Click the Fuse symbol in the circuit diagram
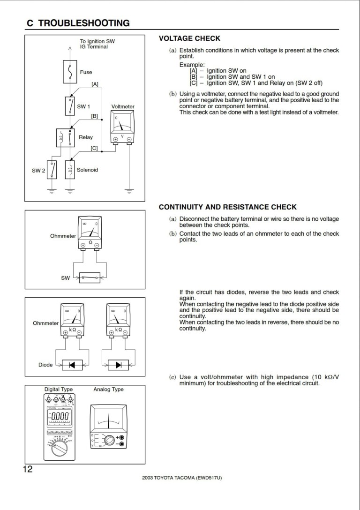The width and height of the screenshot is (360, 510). (x=70, y=72)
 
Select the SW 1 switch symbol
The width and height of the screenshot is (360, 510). (x=70, y=106)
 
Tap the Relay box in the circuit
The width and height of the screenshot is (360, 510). (x=66, y=137)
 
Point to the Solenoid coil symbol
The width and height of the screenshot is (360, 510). (x=70, y=170)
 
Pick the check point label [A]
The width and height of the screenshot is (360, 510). (x=95, y=84)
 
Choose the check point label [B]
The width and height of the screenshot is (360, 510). (x=94, y=116)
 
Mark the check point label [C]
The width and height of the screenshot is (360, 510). (x=94, y=148)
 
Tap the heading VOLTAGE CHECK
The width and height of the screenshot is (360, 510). (x=189, y=38)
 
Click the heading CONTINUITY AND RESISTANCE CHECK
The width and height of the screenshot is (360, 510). (x=227, y=207)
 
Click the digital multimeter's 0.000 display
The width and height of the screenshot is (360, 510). (x=60, y=417)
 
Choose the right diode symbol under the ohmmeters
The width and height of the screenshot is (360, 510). (x=118, y=364)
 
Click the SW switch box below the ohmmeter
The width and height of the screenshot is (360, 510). (x=90, y=277)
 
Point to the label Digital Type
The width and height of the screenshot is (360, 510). (x=59, y=390)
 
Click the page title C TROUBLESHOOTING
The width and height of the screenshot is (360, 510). (x=78, y=23)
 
